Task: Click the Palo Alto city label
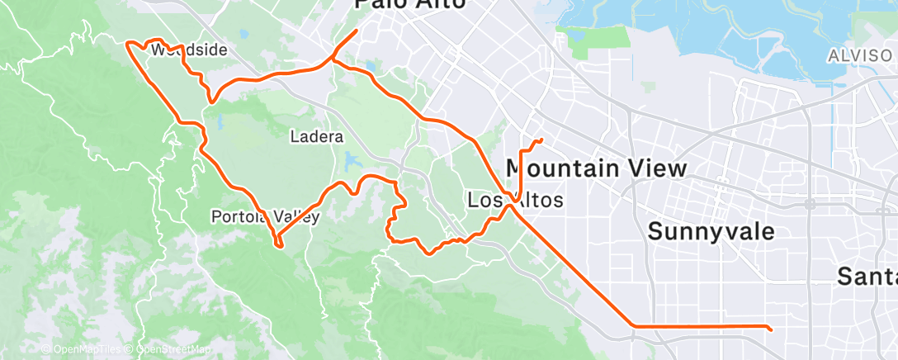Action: pyautogui.click(x=410, y=5)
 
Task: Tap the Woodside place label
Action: pyautogui.click(x=189, y=50)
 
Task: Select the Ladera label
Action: pyautogui.click(x=317, y=136)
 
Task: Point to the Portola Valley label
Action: pyautogui.click(x=265, y=216)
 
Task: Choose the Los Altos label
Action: pyautogui.click(x=515, y=200)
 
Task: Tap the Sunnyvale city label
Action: pyautogui.click(x=711, y=231)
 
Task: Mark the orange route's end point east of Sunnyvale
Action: pyautogui.click(x=770, y=329)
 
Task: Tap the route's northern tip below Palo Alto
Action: pyautogui.click(x=356, y=31)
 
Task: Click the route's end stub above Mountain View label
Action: pyautogui.click(x=541, y=140)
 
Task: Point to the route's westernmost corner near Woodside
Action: pyautogui.click(x=126, y=43)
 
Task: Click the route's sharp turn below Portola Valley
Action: pyautogui.click(x=278, y=244)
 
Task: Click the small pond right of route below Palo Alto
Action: pyautogui.click(x=369, y=66)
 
